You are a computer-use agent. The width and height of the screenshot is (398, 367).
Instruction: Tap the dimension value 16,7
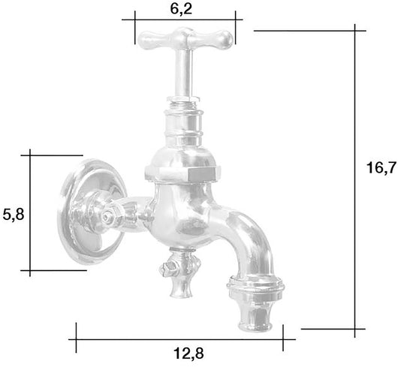[381, 168]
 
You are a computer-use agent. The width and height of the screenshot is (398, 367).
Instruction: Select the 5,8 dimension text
[14, 215]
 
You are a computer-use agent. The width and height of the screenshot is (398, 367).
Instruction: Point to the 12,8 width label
[181, 351]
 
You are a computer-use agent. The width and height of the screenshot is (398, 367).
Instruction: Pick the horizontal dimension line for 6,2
[184, 23]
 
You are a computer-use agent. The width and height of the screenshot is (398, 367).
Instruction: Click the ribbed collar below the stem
[184, 120]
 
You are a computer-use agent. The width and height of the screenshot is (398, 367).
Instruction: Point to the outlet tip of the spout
[258, 323]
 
